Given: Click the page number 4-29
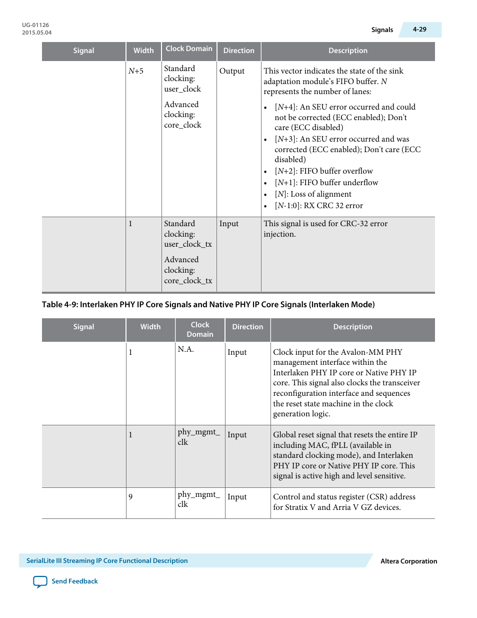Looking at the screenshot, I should coord(419,30).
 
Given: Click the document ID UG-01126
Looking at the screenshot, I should coord(35,25).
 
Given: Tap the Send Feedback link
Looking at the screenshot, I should coord(74,581).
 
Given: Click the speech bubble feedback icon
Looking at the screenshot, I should coord(40,581).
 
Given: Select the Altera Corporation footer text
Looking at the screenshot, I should coord(408,561).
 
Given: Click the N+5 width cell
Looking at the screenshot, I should coord(136,71).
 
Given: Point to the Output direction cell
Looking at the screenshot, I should coord(232,71).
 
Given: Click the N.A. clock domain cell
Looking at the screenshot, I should coord(185,349).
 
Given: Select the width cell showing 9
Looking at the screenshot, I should coord(130,497).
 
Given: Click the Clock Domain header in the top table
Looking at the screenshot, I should coord(189,49).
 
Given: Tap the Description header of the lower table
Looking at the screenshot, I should coord(352,327).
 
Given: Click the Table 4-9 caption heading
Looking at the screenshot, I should coord(208,304).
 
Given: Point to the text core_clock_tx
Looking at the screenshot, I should coord(188,281).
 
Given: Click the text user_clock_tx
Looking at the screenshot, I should coord(188,244).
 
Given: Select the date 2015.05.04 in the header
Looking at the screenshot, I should coord(36,33).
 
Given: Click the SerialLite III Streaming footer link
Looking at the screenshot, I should coord(107,561).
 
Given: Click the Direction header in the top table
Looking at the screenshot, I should coord(238,51).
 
